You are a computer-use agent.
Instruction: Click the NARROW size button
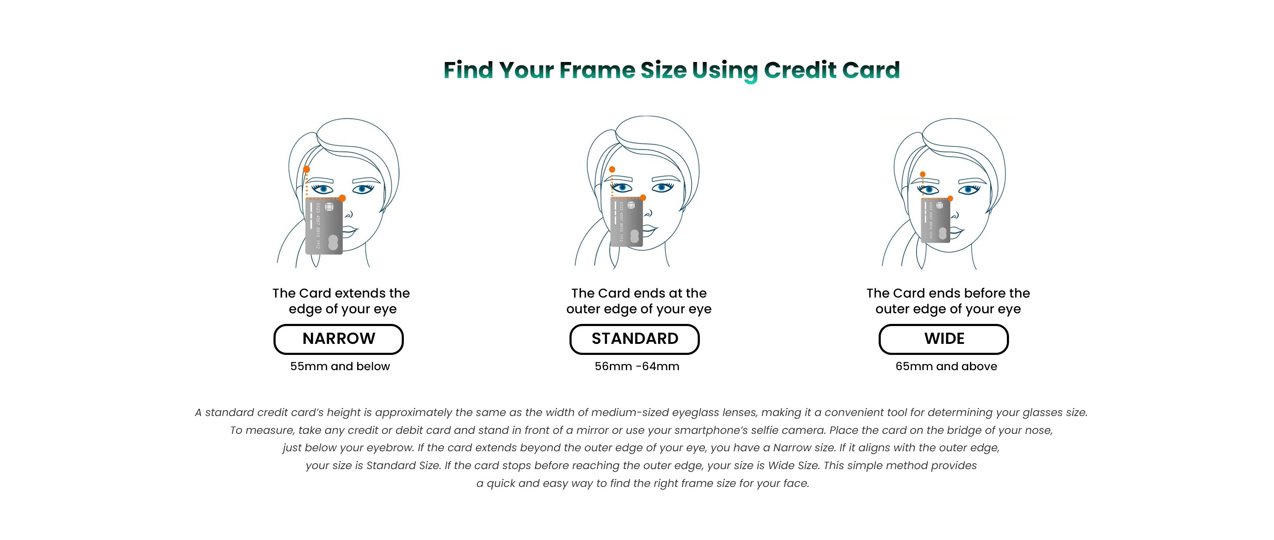point(338,339)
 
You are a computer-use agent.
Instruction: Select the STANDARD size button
point(634,339)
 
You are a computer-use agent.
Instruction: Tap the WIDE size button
point(944,339)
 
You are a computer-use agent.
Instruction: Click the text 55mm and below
point(340,366)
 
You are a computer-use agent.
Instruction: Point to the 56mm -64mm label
point(637,366)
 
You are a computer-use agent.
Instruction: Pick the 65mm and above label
point(946,366)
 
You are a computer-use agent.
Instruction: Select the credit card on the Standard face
point(627,223)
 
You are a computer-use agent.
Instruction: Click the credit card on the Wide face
point(936,221)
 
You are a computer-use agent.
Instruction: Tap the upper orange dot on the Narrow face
point(307,170)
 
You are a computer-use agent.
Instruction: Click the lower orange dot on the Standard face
point(643,198)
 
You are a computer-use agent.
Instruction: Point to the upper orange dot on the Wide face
point(922,174)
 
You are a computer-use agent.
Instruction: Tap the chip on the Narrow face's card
point(329,207)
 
